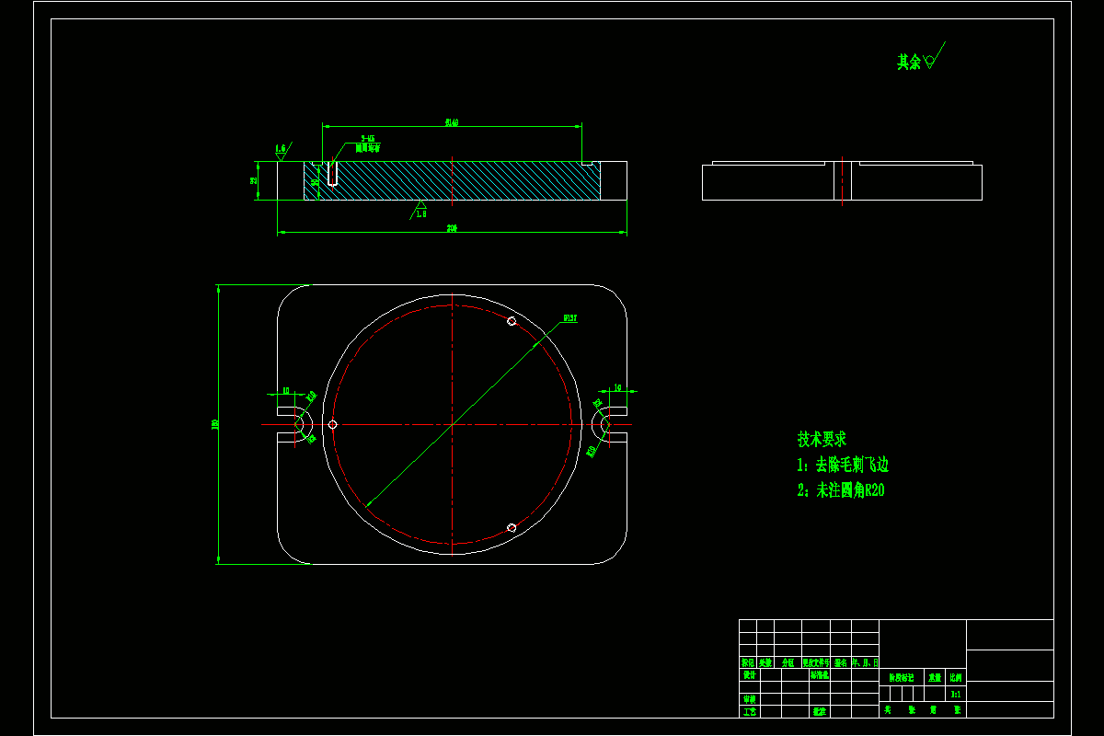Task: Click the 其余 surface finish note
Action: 910,62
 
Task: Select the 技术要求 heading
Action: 822,440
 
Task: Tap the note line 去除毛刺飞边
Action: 843,465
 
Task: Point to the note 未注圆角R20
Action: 841,490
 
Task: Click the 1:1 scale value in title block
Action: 957,694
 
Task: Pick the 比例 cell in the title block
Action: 957,676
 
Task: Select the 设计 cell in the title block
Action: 749,674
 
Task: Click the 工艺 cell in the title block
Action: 749,710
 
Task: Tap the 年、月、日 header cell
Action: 865,661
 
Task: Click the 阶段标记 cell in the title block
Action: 902,676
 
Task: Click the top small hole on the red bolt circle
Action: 512,321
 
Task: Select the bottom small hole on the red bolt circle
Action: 512,527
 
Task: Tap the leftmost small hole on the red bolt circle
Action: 333,424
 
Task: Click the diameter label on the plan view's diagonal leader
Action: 569,319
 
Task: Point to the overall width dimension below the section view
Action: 452,228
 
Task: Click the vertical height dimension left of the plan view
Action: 214,424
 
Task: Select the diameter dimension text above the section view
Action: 452,121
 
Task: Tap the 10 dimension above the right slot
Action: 616,388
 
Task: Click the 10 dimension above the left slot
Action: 286,391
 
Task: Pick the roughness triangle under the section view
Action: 420,206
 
